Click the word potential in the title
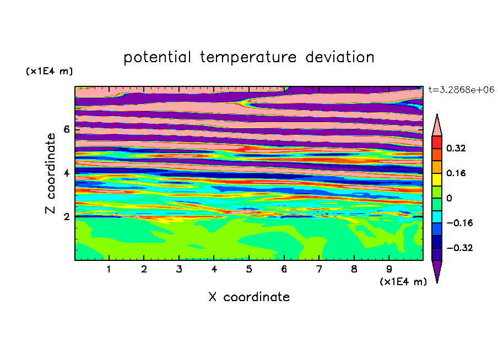157,57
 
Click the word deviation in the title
340,57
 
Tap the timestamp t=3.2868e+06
461,90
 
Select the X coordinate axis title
249,297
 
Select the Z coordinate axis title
51,173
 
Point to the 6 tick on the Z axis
66,129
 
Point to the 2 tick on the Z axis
66,217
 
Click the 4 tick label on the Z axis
66,173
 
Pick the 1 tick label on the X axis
109,269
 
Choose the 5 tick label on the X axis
249,269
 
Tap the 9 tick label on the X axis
389,269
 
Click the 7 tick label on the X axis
319,269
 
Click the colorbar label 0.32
456,148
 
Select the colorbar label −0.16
459,223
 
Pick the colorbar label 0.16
456,173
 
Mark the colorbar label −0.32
459,248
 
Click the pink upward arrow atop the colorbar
437,127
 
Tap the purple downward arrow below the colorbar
437,270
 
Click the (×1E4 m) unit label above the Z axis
49,71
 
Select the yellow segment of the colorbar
437,179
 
